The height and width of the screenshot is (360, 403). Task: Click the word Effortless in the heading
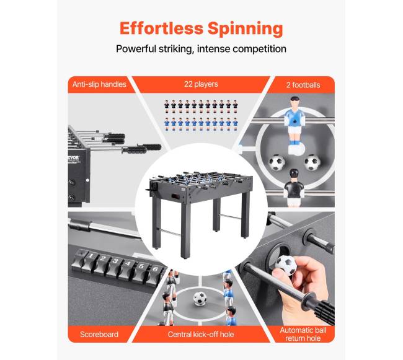point(161,28)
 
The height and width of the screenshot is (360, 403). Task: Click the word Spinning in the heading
point(245,29)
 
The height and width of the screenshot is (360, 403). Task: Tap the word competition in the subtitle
point(259,49)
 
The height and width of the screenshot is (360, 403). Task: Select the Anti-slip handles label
point(99,84)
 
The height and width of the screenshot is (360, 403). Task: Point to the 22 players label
point(201,84)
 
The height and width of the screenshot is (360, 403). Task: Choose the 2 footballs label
point(303,85)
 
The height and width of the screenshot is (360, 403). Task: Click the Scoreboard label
point(99,335)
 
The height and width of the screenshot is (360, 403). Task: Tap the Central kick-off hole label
point(201,335)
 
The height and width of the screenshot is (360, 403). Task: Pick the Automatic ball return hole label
point(303,334)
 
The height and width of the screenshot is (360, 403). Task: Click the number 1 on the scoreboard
point(91,256)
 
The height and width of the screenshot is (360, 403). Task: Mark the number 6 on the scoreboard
point(155,269)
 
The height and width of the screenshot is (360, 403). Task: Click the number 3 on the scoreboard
point(115,261)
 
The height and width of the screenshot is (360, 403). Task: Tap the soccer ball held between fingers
point(286,265)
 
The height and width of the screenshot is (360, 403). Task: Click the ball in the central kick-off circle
point(200,298)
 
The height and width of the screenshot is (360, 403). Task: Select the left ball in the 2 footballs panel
point(277,162)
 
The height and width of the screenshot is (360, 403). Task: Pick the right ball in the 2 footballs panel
point(312,162)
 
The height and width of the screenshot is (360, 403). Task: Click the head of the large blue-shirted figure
point(294,102)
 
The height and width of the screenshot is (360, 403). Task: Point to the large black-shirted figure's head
point(293,174)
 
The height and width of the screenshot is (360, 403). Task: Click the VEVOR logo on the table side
point(73,157)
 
